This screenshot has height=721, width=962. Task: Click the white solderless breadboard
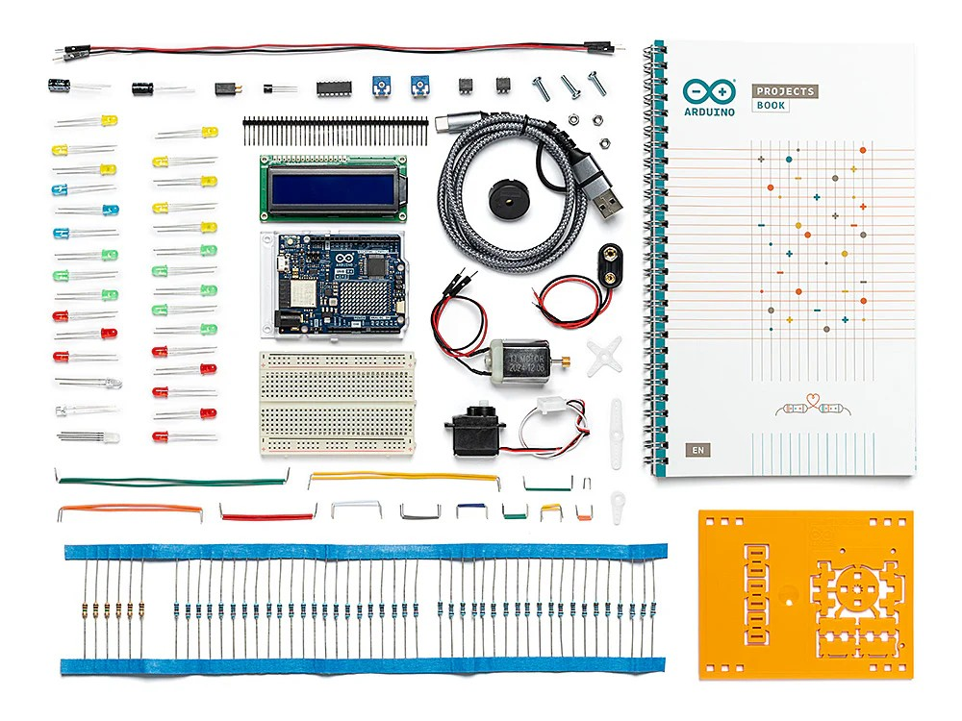(x=338, y=402)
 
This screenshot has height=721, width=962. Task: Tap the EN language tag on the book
(x=696, y=449)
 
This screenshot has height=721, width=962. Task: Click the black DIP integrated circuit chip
(x=334, y=87)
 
